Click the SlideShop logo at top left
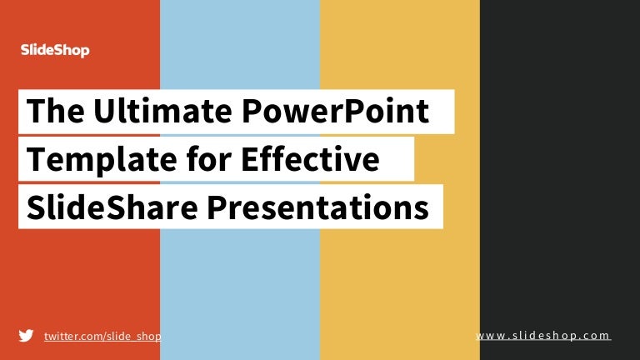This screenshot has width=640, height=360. pyautogui.click(x=54, y=51)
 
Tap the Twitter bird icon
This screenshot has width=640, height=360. pyautogui.click(x=26, y=335)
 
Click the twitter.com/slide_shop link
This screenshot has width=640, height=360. pyautogui.click(x=102, y=335)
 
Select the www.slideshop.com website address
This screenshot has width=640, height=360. pyautogui.click(x=543, y=335)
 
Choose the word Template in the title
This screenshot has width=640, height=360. pyautogui.click(x=87, y=160)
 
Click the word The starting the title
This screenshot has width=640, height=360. pyautogui.click(x=48, y=112)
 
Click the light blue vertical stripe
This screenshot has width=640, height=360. pyautogui.click(x=239, y=275)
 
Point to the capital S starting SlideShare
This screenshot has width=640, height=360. pyautogui.click(x=35, y=207)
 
